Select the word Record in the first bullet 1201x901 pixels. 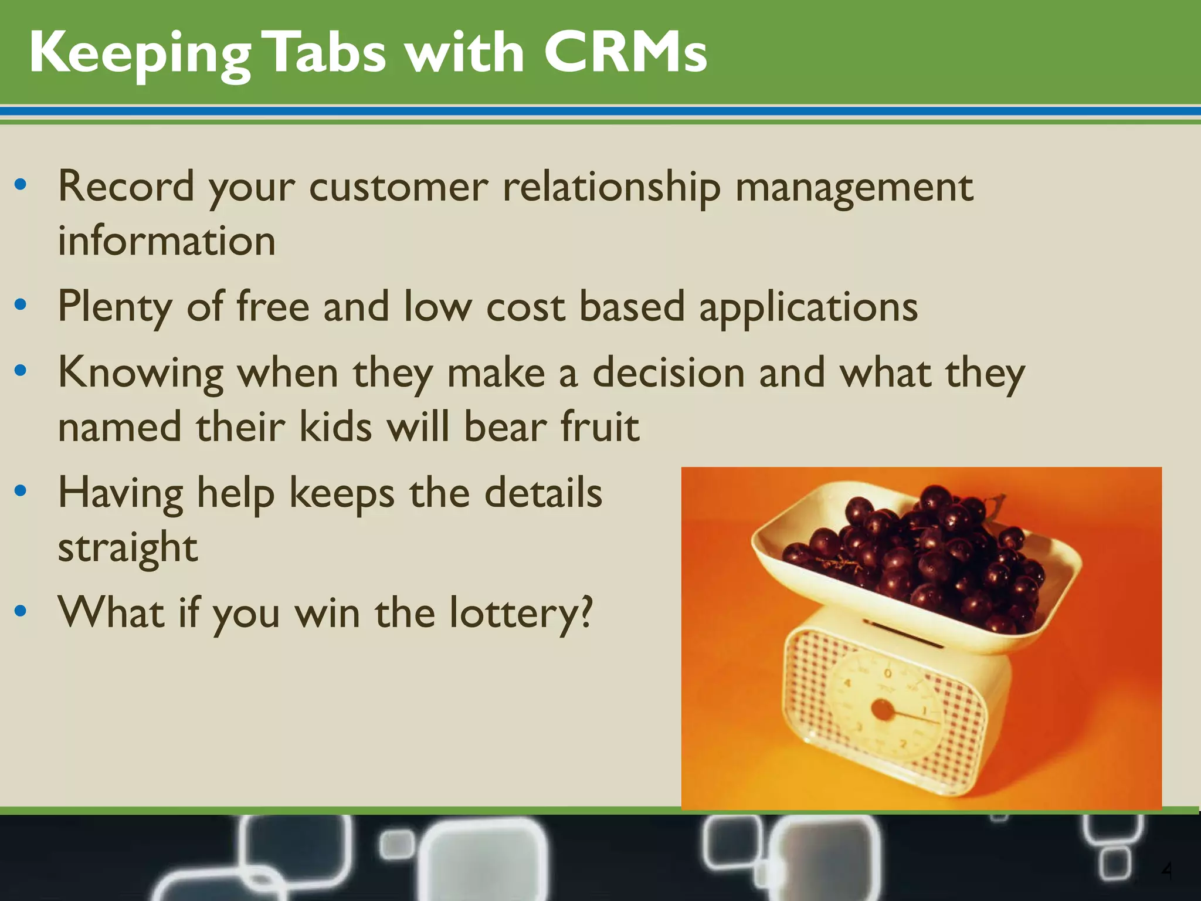(x=125, y=187)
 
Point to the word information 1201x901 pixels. (x=167, y=241)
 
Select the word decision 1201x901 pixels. (x=669, y=372)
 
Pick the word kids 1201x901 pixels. (x=335, y=426)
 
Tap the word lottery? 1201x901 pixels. (x=521, y=612)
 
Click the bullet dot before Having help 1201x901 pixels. (x=21, y=491)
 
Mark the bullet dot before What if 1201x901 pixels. (x=21, y=611)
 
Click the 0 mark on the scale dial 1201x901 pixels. (x=888, y=674)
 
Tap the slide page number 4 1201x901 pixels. (x=1166, y=870)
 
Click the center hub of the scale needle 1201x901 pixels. (x=882, y=710)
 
